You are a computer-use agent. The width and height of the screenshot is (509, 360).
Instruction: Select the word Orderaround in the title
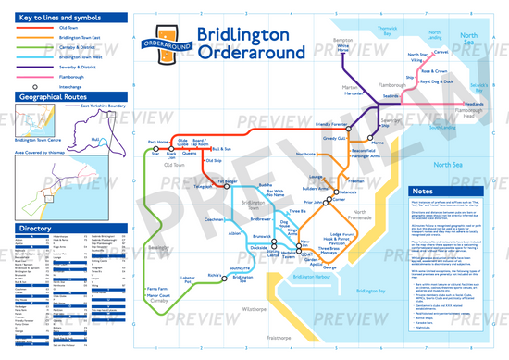tap(246, 52)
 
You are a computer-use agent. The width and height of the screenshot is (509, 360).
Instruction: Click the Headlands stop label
tap(473, 104)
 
